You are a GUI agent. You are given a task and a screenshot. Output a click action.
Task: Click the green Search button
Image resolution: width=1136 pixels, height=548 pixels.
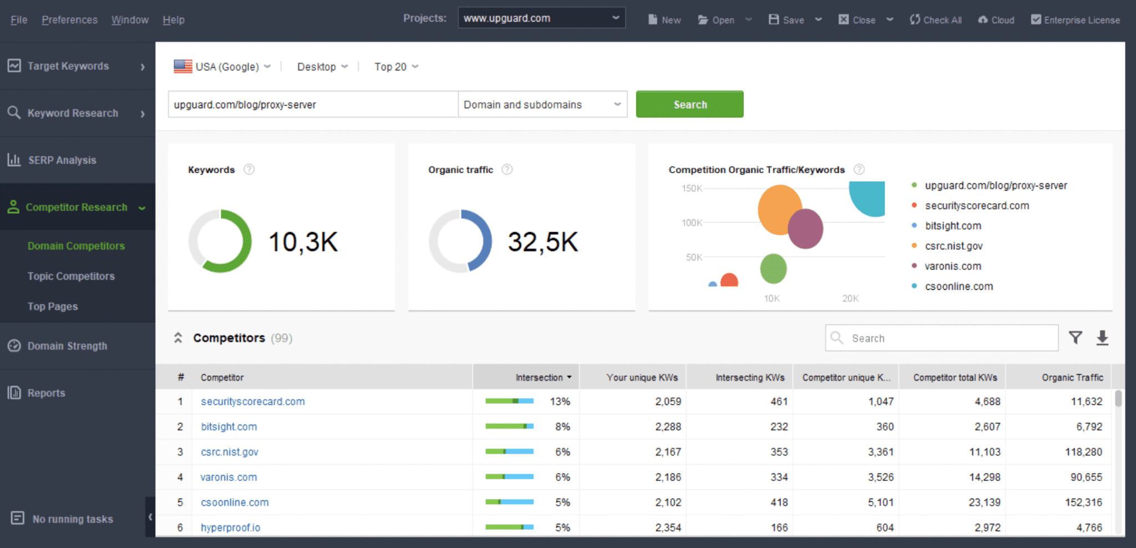pyautogui.click(x=689, y=104)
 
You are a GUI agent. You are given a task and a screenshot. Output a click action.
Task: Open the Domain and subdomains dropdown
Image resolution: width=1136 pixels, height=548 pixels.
pyautogui.click(x=542, y=104)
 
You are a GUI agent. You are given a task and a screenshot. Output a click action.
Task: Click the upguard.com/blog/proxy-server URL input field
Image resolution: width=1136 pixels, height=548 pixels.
pyautogui.click(x=312, y=104)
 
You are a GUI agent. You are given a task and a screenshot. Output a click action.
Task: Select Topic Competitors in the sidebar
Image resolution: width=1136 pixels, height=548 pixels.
pyautogui.click(x=71, y=276)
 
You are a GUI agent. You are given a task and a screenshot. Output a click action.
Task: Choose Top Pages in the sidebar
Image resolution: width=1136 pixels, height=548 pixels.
pyautogui.click(x=53, y=306)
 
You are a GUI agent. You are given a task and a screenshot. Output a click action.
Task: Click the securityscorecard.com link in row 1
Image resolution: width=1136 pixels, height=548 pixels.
pyautogui.click(x=252, y=401)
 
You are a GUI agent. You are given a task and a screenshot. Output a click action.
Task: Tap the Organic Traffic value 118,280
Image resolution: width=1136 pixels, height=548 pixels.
pyautogui.click(x=1083, y=452)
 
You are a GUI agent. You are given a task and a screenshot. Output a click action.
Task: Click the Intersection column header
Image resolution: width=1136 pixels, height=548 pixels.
pyautogui.click(x=539, y=378)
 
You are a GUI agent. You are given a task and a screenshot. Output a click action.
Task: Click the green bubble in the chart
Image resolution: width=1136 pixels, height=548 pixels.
pyautogui.click(x=773, y=269)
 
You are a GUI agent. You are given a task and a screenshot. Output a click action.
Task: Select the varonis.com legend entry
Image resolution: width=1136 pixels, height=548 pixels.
pyautogui.click(x=952, y=266)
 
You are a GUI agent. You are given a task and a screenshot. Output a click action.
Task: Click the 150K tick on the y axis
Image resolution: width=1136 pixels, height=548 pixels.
pyautogui.click(x=692, y=189)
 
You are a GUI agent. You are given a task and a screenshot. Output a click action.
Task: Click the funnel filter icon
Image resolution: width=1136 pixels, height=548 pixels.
pyautogui.click(x=1075, y=338)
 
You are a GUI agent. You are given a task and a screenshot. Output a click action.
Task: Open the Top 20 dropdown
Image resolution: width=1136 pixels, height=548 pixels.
pyautogui.click(x=396, y=67)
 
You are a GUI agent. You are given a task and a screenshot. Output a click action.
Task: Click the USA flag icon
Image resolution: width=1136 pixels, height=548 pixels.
pyautogui.click(x=183, y=67)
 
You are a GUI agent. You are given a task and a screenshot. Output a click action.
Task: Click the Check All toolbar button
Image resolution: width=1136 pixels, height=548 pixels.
pyautogui.click(x=936, y=20)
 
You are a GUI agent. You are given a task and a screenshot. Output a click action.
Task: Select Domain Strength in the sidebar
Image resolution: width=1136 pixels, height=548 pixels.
pyautogui.click(x=67, y=346)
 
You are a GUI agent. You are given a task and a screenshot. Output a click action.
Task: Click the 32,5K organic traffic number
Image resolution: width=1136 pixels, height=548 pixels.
pyautogui.click(x=542, y=242)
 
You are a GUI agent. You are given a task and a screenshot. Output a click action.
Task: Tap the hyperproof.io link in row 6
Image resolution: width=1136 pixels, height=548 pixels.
pyautogui.click(x=230, y=527)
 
